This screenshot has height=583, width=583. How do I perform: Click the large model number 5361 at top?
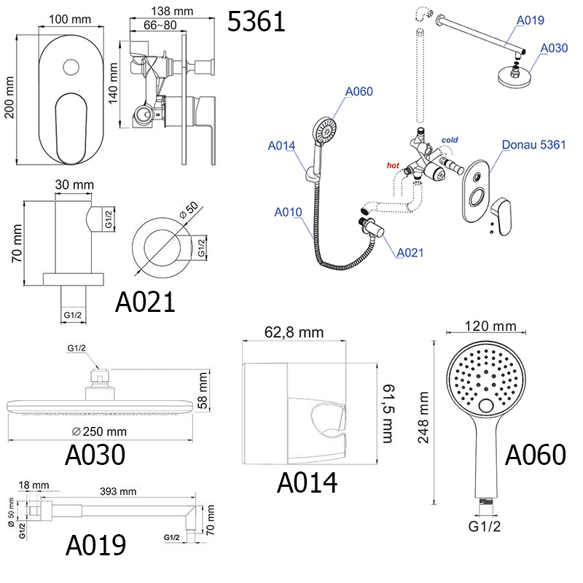(x=257, y=22)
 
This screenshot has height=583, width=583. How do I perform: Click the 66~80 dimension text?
(x=160, y=26)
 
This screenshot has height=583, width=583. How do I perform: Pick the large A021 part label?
(x=146, y=301)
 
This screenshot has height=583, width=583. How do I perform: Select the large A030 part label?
(x=95, y=455)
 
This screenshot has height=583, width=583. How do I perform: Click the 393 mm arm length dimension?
(x=117, y=491)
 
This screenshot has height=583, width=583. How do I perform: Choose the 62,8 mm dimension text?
(x=294, y=333)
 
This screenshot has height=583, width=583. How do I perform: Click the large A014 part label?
(x=307, y=482)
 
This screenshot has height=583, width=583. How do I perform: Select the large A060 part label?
(x=535, y=455)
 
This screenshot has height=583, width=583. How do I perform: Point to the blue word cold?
(x=450, y=140)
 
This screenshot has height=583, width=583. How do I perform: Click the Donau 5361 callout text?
(x=533, y=144)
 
